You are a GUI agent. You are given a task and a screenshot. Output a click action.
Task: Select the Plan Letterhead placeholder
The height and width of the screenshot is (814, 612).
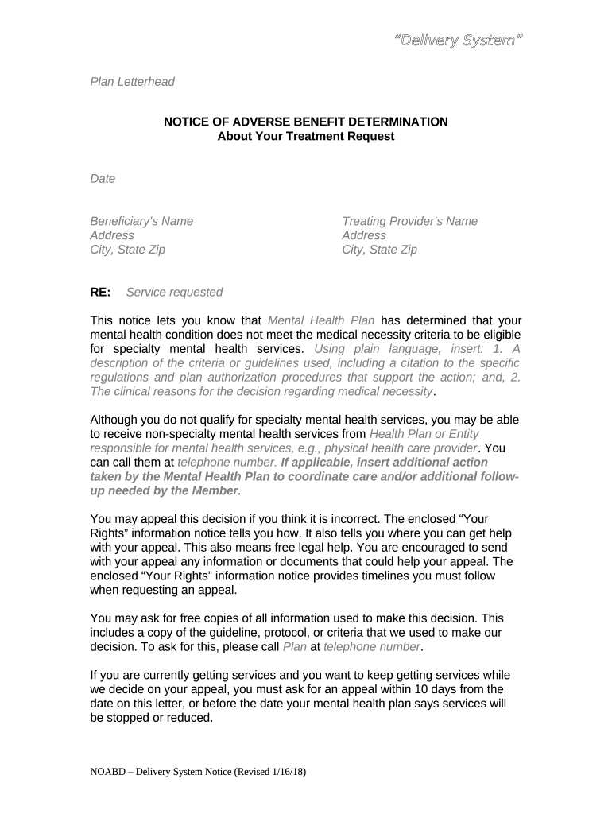pyautogui.click(x=132, y=82)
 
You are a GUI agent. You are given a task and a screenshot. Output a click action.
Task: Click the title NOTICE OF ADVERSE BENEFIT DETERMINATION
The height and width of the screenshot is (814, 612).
pyautogui.click(x=306, y=122)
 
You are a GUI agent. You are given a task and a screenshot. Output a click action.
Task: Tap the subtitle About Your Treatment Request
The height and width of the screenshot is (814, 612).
pyautogui.click(x=306, y=136)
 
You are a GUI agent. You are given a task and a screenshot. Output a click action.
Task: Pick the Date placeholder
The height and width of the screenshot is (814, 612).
pyautogui.click(x=103, y=179)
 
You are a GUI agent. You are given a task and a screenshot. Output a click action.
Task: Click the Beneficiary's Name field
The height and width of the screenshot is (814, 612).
pyautogui.click(x=141, y=221)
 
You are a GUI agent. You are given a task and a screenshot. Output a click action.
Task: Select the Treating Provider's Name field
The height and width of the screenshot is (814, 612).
pyautogui.click(x=409, y=221)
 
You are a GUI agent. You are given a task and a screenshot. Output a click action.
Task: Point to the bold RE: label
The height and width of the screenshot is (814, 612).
pyautogui.click(x=100, y=293)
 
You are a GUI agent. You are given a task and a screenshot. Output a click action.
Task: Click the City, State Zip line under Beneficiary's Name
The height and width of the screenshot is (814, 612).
pyautogui.click(x=128, y=250)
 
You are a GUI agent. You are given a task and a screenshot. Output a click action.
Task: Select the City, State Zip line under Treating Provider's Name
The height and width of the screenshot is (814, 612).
pyautogui.click(x=379, y=250)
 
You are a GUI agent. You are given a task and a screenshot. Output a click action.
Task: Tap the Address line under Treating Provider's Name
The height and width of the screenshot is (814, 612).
pyautogui.click(x=363, y=235)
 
